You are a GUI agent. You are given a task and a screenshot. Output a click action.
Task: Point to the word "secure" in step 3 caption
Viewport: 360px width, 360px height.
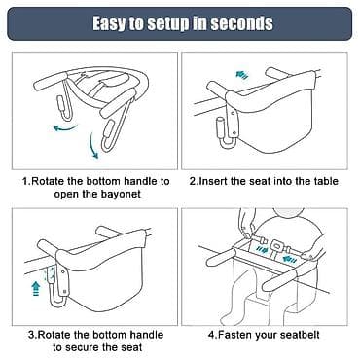[87, 347]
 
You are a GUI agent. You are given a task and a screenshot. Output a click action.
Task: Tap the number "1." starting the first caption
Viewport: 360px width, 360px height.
[26, 181]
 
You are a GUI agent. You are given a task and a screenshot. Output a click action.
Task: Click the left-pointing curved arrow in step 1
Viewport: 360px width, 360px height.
[65, 128]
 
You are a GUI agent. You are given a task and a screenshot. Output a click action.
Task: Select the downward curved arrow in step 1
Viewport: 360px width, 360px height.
[93, 145]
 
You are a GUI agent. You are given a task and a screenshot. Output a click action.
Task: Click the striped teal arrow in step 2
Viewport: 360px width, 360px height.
[242, 75]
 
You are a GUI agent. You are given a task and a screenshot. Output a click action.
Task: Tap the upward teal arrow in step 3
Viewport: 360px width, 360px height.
[36, 288]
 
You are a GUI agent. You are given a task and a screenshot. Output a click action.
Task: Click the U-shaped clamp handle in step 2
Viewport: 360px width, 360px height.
[226, 136]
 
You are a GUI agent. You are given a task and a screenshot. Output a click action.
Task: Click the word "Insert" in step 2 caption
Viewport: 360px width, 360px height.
[212, 181]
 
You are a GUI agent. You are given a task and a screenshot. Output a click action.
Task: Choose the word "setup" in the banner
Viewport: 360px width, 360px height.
[167, 24]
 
